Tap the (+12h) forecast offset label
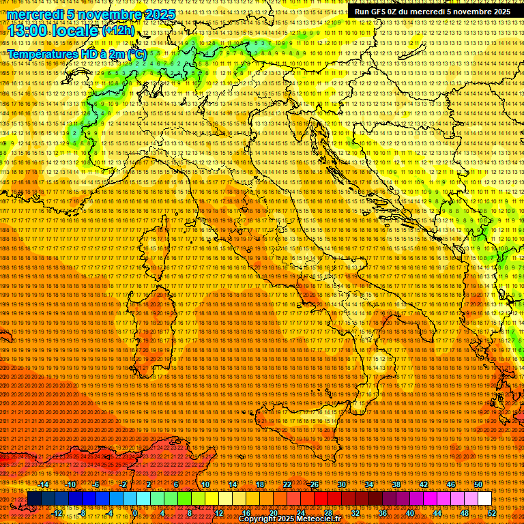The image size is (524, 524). coord(119,31)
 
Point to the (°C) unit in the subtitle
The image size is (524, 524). coord(136,53)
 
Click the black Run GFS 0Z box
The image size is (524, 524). coord(432,12)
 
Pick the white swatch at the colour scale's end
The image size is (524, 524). coord(484,499)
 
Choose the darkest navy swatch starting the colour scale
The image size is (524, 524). coord(34,499)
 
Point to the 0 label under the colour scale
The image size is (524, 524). coord(136,513)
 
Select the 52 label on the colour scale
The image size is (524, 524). coord(491,513)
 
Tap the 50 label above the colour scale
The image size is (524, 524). coord(478,484)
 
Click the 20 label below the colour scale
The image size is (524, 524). coord(273,513)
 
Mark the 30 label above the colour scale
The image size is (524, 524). coord(341,484)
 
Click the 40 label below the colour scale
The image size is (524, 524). coord(409,513)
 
